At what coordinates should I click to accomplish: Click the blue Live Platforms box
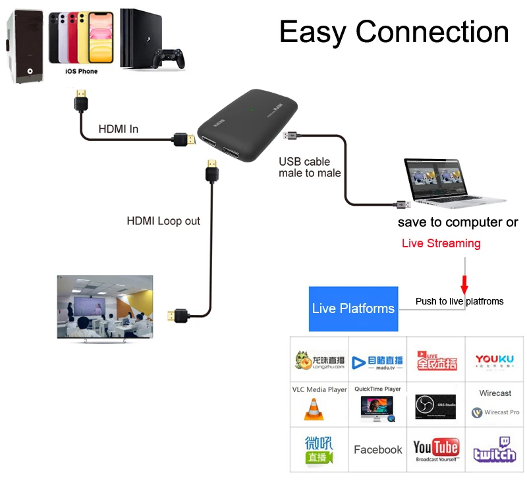tap(354, 308)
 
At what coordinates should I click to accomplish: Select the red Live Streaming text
tap(441, 243)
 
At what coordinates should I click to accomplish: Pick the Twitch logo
tap(495, 450)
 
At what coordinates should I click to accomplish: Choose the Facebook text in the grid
tap(377, 450)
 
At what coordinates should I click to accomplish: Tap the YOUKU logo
tap(495, 360)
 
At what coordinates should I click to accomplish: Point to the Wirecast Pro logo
tap(495, 412)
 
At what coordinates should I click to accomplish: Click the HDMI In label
tap(119, 129)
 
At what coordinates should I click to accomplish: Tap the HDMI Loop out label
tap(163, 221)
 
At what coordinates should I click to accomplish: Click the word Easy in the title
tap(314, 32)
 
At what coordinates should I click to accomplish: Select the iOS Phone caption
tap(82, 71)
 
